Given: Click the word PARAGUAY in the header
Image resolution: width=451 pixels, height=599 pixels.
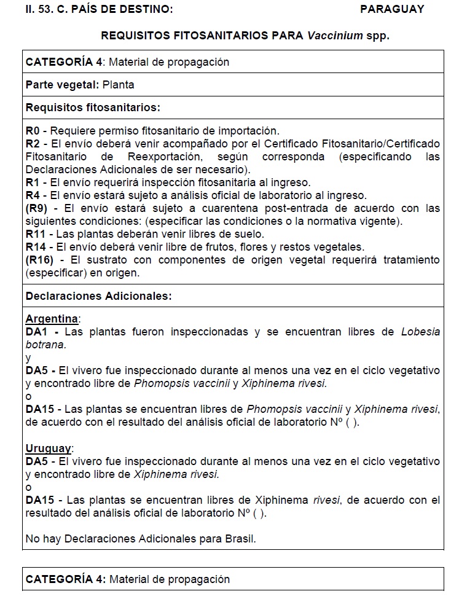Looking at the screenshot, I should click(x=392, y=9).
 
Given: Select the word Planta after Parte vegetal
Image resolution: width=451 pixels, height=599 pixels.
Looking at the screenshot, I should click(x=119, y=85).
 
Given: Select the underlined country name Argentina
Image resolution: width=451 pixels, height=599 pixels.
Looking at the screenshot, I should click(x=52, y=319).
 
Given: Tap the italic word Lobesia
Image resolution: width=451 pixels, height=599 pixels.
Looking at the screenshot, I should click(x=420, y=332).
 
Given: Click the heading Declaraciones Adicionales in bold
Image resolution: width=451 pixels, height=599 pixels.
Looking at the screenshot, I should click(x=98, y=296).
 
